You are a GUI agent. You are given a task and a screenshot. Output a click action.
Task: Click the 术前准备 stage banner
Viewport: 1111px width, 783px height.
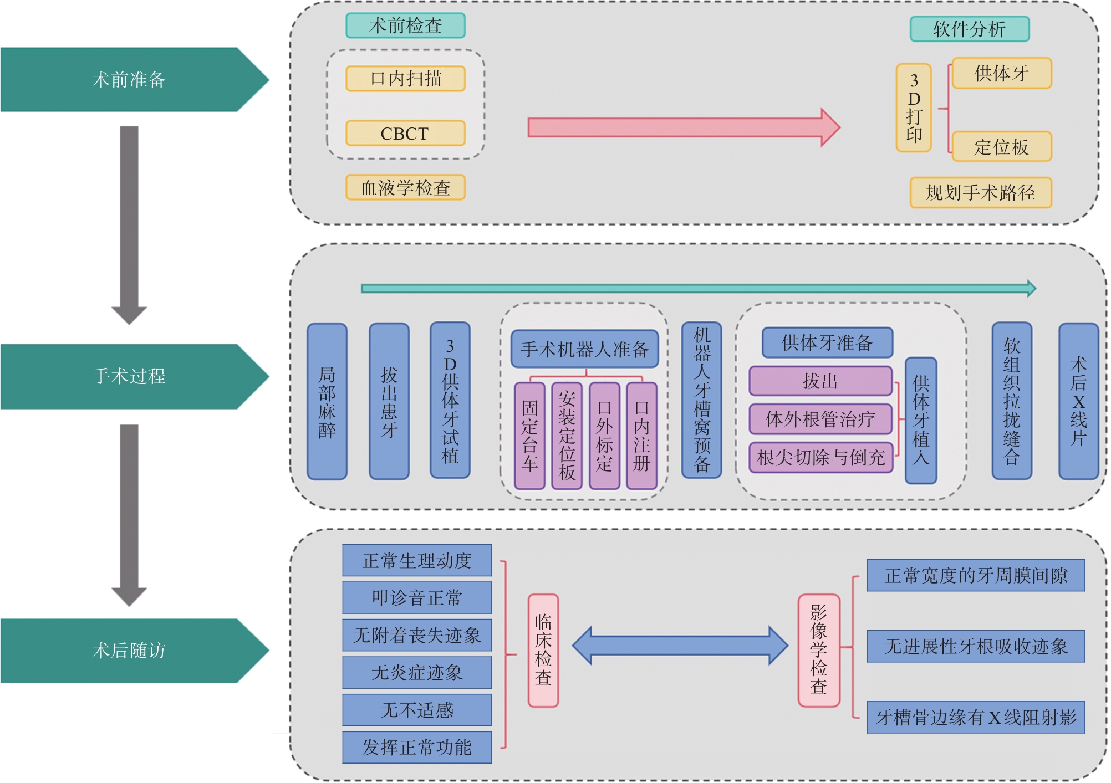(x=129, y=80)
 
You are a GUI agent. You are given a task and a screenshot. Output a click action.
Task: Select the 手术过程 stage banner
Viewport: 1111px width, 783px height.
(x=129, y=376)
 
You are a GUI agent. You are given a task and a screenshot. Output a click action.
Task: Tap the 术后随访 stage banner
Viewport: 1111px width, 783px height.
(x=129, y=650)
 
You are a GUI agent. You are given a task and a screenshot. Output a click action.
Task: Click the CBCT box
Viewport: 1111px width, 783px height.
(x=405, y=134)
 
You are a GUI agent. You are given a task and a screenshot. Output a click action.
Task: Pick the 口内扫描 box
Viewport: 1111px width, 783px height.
(x=405, y=79)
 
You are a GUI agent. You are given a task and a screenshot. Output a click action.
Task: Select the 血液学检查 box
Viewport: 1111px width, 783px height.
(x=405, y=188)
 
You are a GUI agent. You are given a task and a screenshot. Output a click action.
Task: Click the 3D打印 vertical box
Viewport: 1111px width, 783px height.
(x=914, y=108)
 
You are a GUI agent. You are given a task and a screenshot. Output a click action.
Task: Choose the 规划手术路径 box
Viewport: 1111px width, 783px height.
(x=980, y=193)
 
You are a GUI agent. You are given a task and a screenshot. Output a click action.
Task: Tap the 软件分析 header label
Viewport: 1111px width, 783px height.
(x=969, y=29)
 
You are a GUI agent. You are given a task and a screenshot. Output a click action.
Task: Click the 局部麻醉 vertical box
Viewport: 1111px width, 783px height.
(x=327, y=402)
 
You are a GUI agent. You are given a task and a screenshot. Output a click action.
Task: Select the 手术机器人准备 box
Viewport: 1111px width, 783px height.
(x=584, y=349)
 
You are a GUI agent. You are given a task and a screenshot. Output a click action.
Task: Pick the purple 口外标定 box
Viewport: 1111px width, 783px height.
(x=604, y=436)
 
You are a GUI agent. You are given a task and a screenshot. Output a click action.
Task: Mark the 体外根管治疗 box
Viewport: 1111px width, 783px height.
(x=820, y=419)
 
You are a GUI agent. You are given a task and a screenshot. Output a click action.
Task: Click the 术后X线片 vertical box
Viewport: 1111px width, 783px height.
(x=1078, y=402)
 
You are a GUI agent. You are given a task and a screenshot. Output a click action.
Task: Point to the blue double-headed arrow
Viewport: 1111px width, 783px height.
(x=680, y=646)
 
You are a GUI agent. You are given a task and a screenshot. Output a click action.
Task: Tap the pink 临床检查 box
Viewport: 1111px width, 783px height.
(x=543, y=651)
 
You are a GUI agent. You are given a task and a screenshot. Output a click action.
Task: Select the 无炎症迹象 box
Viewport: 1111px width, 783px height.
(x=417, y=673)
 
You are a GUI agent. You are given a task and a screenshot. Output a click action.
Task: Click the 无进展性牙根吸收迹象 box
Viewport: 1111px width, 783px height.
(x=976, y=646)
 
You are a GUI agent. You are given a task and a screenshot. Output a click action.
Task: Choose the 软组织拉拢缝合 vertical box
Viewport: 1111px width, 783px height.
(x=1012, y=402)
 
